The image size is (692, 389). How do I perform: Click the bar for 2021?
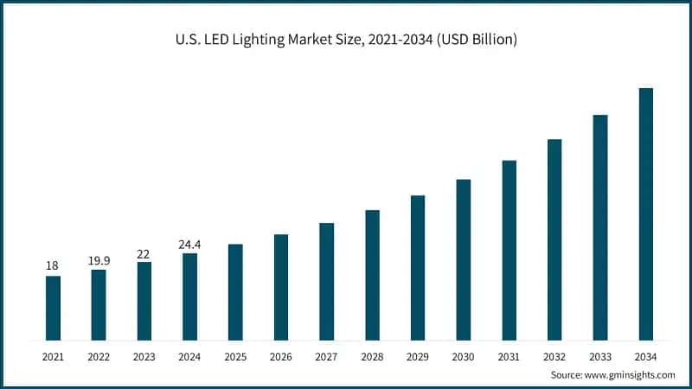53,308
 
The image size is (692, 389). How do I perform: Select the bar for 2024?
189,297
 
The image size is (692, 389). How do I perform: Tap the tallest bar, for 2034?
645,214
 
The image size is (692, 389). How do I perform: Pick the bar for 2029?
418,267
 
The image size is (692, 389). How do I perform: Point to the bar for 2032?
554,239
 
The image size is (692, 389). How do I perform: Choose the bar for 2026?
281,287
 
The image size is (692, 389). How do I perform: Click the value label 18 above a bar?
53,265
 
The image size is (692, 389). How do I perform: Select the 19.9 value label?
99,259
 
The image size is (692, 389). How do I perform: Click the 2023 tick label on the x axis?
144,355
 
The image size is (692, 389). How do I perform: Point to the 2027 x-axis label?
326,355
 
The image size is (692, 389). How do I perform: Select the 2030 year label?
463,355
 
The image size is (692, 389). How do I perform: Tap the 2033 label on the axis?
599,355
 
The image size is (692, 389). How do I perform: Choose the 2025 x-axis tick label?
235,355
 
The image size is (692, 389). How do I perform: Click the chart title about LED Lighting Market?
346,41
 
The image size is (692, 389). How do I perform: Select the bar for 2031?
509,250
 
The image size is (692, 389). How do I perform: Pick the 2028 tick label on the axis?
372,355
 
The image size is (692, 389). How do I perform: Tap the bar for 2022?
99,304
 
